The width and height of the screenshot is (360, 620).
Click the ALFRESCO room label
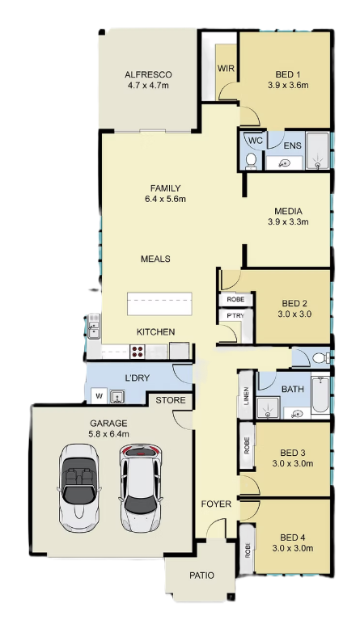pyautogui.click(x=148, y=74)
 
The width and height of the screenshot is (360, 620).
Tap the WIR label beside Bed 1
pyautogui.click(x=226, y=69)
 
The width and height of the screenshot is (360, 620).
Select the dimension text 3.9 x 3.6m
pyautogui.click(x=288, y=85)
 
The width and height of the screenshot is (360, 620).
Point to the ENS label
pyautogui.click(x=292, y=146)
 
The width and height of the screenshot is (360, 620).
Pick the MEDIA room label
pyautogui.click(x=288, y=211)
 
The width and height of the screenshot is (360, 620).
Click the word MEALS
pyautogui.click(x=155, y=259)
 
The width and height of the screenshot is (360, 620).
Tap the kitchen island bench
pyautogui.click(x=159, y=304)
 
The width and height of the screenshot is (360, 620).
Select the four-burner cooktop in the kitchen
pyautogui.click(x=138, y=352)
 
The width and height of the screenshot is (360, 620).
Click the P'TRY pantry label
pyautogui.click(x=235, y=315)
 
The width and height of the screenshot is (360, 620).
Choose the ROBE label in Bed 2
pyautogui.click(x=235, y=300)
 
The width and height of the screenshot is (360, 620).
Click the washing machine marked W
pyautogui.click(x=99, y=396)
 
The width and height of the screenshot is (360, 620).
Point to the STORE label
pyautogui.click(x=171, y=400)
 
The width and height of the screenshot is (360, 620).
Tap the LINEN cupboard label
pyautogui.click(x=246, y=395)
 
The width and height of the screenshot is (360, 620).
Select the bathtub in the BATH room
pyautogui.click(x=320, y=394)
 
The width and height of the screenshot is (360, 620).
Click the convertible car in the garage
pyautogui.click(x=78, y=488)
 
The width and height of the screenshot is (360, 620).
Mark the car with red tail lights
pyautogui.click(x=141, y=488)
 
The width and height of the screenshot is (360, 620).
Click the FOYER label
pyautogui.click(x=216, y=504)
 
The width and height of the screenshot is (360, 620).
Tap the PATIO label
pyautogui.click(x=201, y=576)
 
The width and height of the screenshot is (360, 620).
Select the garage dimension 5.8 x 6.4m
pyautogui.click(x=108, y=434)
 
